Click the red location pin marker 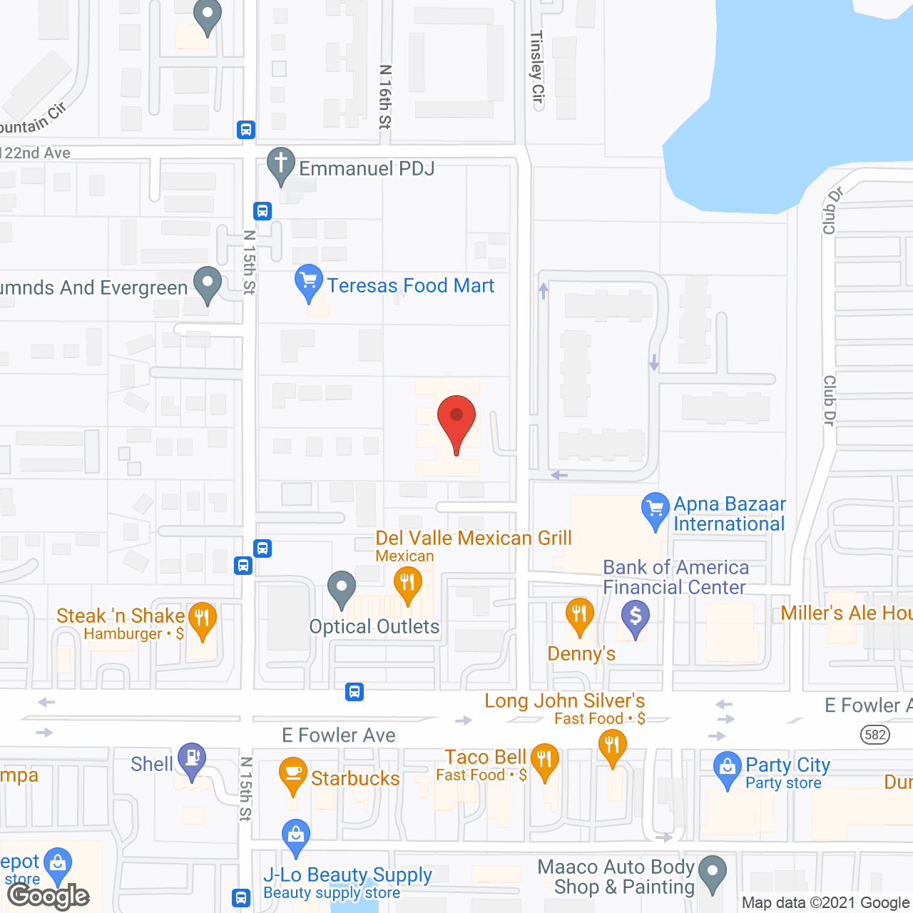(x=456, y=421)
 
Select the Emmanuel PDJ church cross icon (x=281, y=164)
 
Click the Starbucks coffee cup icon (x=293, y=775)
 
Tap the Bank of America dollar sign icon (x=635, y=616)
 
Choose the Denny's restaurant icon (x=579, y=615)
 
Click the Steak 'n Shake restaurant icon (x=202, y=618)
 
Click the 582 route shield (x=874, y=735)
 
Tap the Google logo (x=48, y=896)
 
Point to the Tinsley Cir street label (x=537, y=67)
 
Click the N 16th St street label (x=385, y=97)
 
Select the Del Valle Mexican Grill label (x=474, y=538)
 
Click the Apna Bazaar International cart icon (x=655, y=509)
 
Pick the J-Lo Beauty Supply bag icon (x=295, y=835)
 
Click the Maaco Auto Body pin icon (x=712, y=872)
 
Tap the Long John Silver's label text (x=564, y=701)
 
